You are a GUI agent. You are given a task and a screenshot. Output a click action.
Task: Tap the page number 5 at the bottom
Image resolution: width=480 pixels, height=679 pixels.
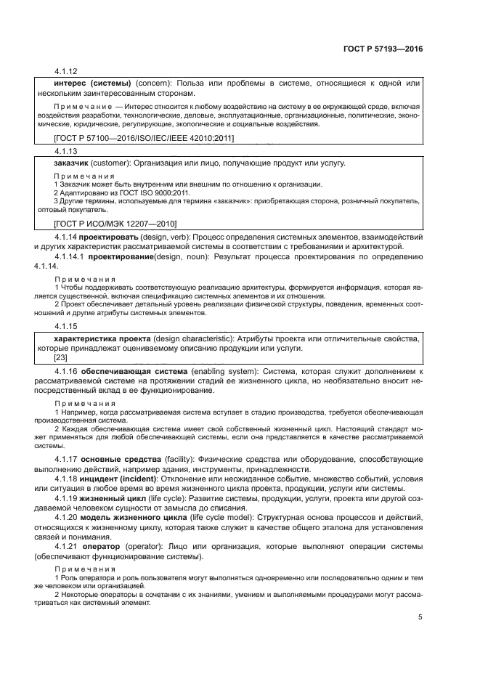click(x=420, y=617)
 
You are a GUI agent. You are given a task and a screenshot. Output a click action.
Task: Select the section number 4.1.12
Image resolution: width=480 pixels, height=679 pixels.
click(x=65, y=72)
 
